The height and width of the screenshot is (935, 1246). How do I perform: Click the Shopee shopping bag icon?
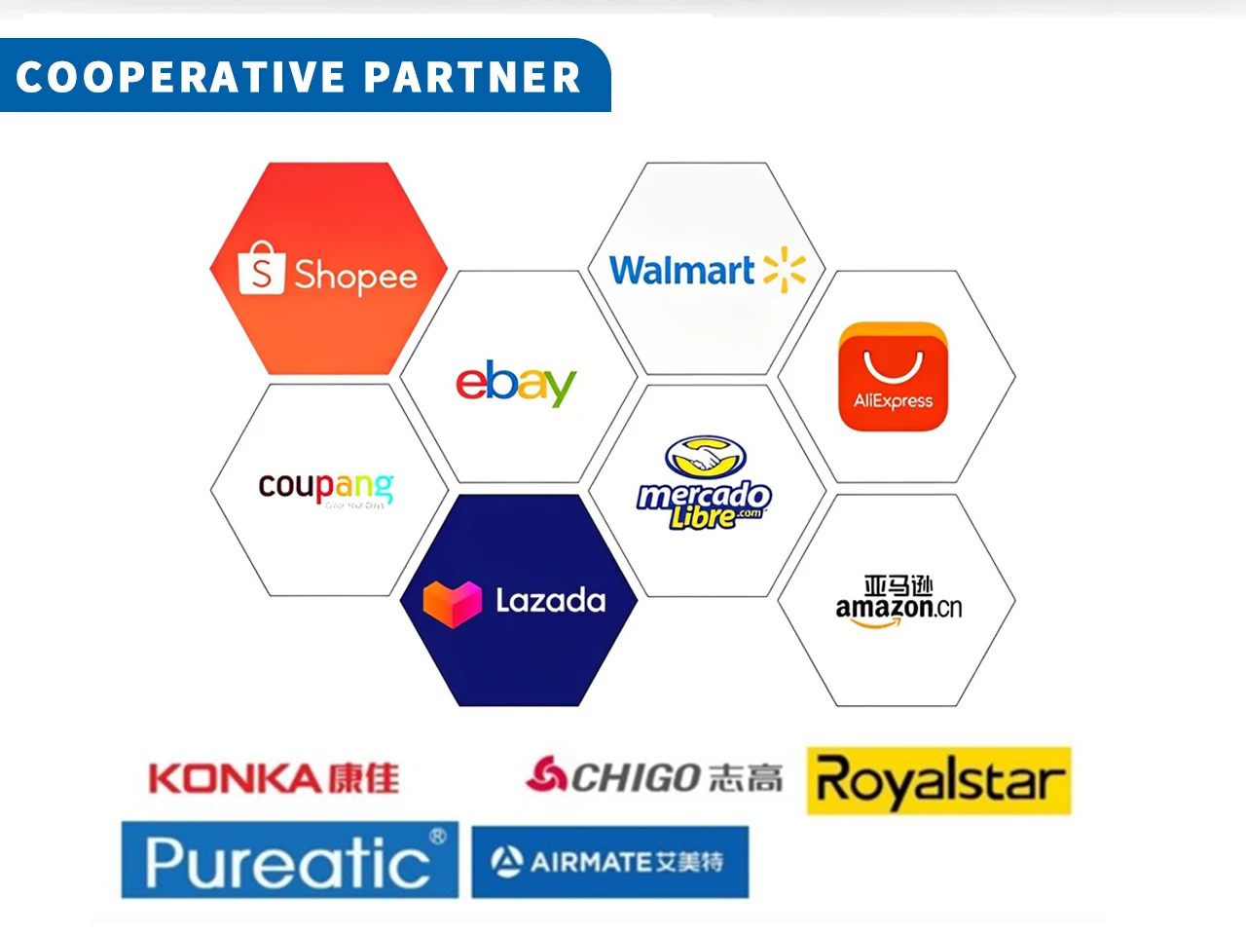coord(261,268)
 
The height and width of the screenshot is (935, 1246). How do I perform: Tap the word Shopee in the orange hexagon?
coord(355,276)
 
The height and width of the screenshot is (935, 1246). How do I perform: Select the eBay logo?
coord(516,383)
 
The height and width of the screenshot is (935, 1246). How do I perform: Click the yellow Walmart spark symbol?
coord(785,270)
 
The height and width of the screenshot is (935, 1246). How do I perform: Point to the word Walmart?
coord(681,270)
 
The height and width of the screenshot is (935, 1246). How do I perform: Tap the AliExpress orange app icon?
coord(893,377)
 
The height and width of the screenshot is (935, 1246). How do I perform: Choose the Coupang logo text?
coord(326,485)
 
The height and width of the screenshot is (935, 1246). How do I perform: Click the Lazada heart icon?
coord(453,602)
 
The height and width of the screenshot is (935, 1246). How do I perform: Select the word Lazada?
coord(550,600)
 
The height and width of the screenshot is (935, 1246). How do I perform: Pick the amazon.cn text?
coord(898,608)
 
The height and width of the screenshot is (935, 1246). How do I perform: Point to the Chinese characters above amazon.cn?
coord(898,584)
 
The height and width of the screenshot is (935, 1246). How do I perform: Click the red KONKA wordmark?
coord(235,778)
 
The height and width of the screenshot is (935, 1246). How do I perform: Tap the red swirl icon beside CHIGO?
coord(545,775)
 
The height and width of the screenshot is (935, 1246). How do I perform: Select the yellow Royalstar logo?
coord(938,781)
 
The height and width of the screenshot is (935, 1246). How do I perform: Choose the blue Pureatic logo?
coord(289,860)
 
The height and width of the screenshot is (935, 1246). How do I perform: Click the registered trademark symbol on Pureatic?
coord(438,836)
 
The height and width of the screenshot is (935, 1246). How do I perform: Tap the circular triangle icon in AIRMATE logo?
coord(507,861)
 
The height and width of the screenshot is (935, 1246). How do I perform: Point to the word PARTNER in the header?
coord(473,77)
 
